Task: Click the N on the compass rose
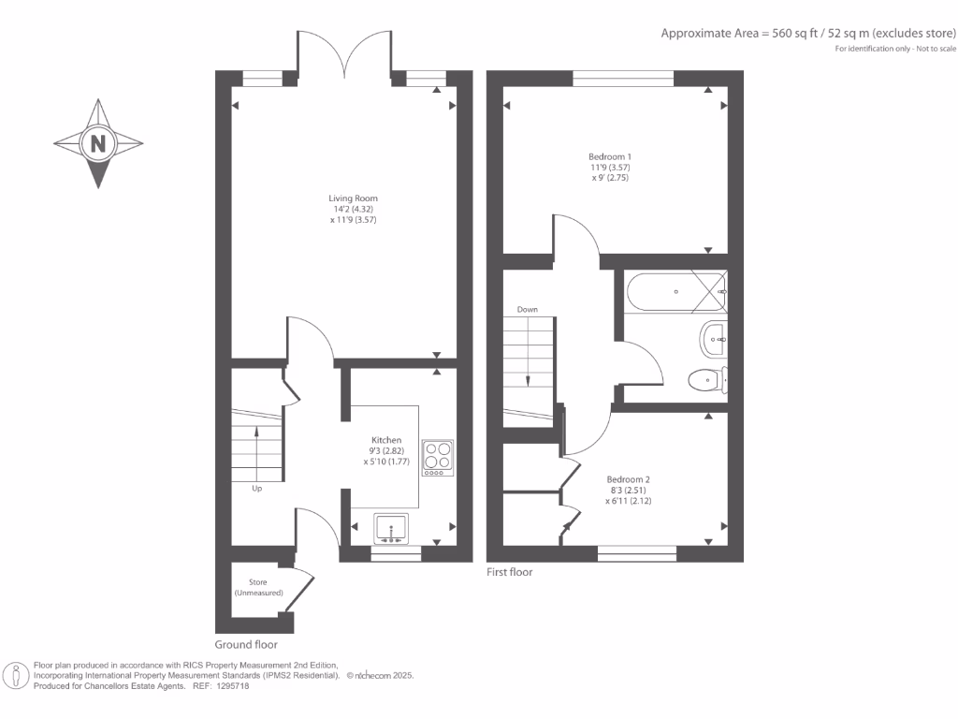pyautogui.click(x=97, y=144)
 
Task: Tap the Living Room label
pyautogui.click(x=353, y=198)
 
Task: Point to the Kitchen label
pyautogui.click(x=386, y=439)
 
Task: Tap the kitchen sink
pyautogui.click(x=391, y=529)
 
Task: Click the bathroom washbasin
pyautogui.click(x=714, y=340)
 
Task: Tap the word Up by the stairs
pyautogui.click(x=256, y=488)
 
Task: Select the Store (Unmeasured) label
pyautogui.click(x=257, y=588)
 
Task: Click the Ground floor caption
pyautogui.click(x=246, y=644)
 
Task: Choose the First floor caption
pyautogui.click(x=510, y=571)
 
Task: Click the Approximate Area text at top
pyautogui.click(x=809, y=33)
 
